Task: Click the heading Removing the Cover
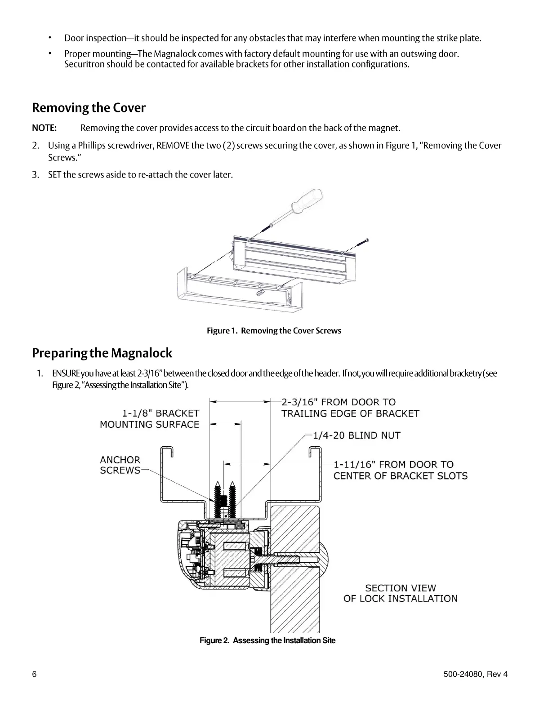pyautogui.click(x=89, y=108)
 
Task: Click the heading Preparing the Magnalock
pyautogui.click(x=102, y=353)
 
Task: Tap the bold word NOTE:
pyautogui.click(x=44, y=128)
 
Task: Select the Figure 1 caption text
pyautogui.click(x=274, y=331)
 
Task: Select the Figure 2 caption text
pyautogui.click(x=267, y=640)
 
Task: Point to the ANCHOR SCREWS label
pyautogui.click(x=120, y=465)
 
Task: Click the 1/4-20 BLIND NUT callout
pyautogui.click(x=356, y=435)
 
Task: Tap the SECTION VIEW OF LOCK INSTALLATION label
pyautogui.click(x=400, y=593)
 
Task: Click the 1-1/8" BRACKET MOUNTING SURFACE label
pyautogui.click(x=150, y=418)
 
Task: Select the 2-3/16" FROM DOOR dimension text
pyautogui.click(x=350, y=408)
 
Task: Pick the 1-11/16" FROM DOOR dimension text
pyautogui.click(x=400, y=470)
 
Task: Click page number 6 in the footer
pyautogui.click(x=34, y=674)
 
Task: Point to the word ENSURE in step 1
pyautogui.click(x=66, y=374)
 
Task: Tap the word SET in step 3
pyautogui.click(x=54, y=175)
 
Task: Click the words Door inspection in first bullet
pyautogui.click(x=95, y=38)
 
